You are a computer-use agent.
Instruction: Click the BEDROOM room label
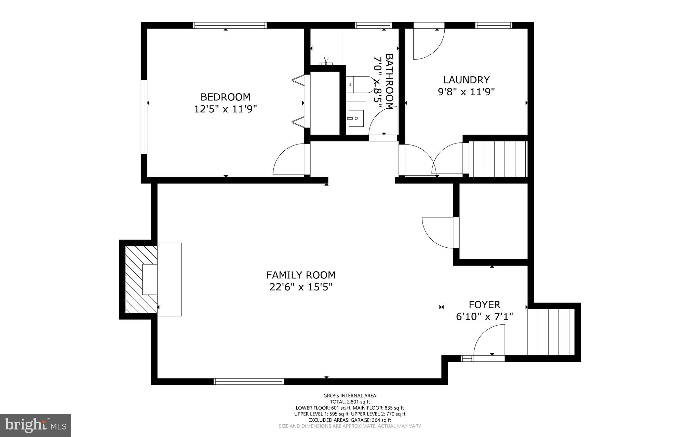(225, 97)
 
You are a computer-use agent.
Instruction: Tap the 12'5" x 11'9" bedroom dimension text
(225, 109)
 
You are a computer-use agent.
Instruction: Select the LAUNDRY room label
(466, 80)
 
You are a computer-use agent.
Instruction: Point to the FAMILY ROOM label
(301, 275)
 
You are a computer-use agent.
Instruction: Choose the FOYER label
(484, 304)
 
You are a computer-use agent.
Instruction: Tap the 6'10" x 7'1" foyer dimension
(484, 317)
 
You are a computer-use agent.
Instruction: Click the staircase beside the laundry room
(497, 159)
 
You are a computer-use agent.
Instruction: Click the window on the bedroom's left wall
(144, 117)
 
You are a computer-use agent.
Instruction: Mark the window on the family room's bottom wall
(248, 382)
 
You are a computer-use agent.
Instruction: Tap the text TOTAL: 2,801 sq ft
(350, 402)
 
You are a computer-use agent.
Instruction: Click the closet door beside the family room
(438, 232)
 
